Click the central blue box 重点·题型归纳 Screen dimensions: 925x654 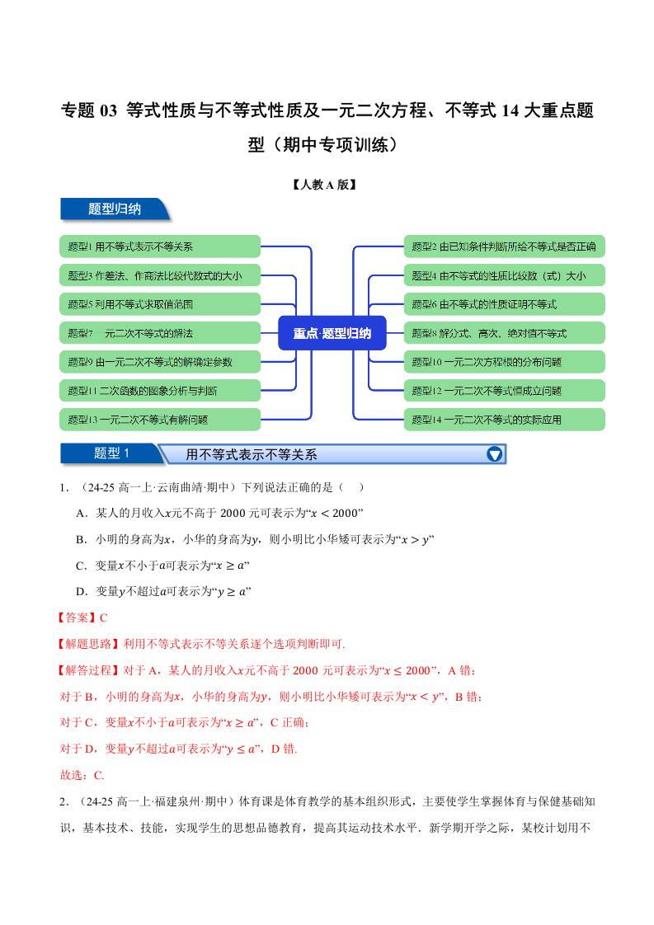(332, 333)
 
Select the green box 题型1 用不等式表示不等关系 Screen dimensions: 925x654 (160, 247)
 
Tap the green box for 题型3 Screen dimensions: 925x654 (160, 275)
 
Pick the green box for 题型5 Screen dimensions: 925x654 (160, 304)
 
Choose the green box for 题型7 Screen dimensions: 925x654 (160, 333)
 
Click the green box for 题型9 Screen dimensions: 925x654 (160, 361)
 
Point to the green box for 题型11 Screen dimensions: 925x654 (160, 390)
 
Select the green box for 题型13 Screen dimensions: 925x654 (160, 419)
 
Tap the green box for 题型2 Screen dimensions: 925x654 (504, 247)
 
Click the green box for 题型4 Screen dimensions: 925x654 (504, 275)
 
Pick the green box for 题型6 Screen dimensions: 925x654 (504, 304)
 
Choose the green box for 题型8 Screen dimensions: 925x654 (504, 333)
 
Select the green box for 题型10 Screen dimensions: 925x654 (504, 361)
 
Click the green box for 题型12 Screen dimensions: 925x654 (504, 390)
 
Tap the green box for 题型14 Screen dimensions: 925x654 (504, 419)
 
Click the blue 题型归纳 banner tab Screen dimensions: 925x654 (115, 209)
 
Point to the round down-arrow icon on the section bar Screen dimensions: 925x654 (495, 454)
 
